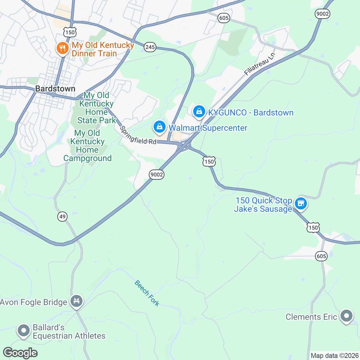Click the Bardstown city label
(55, 88)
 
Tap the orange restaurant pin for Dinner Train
(62, 48)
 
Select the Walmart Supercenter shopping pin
(160, 127)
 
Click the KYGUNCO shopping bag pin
(199, 112)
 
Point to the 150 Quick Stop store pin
(301, 204)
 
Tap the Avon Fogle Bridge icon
(76, 301)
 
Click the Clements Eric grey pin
(346, 316)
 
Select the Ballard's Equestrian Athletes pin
(23, 330)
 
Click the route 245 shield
(150, 47)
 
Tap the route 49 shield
(62, 216)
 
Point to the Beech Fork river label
(147, 293)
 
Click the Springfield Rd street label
(138, 135)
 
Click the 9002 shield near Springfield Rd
(157, 175)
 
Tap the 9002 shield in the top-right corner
(322, 14)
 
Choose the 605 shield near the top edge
(224, 18)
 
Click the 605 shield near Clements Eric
(321, 256)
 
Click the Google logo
(20, 353)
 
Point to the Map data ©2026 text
(334, 355)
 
